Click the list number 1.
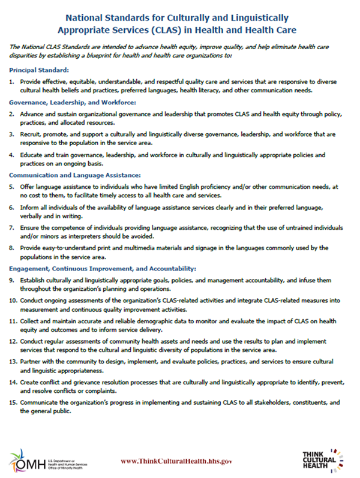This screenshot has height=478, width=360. (x=11, y=81)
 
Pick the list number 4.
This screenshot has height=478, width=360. (x=11, y=155)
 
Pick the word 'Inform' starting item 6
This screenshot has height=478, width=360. (x=30, y=206)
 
